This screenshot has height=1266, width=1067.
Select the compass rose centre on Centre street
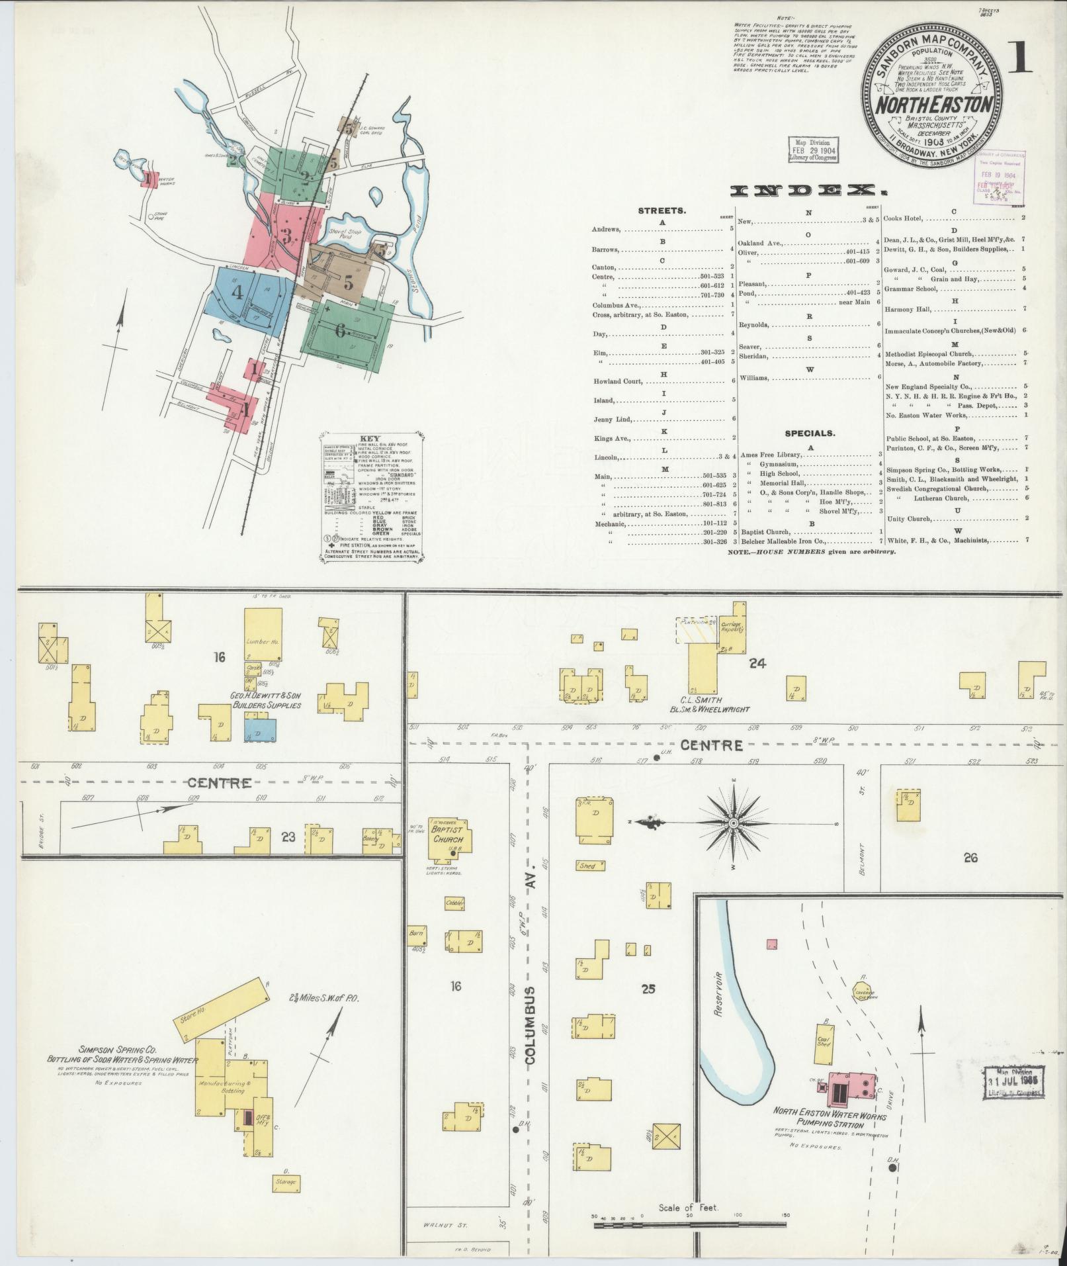734,823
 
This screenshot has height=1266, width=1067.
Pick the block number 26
970,858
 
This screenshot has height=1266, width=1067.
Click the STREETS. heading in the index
662,210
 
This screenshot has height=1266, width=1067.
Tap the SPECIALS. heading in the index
810,433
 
